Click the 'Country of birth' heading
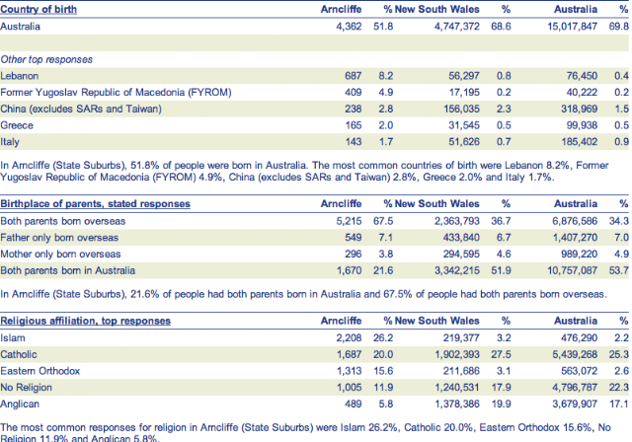pos(39,9)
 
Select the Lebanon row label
pos(20,76)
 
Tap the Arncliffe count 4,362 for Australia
pos(349,27)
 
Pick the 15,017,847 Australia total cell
pos(573,27)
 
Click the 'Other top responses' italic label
pos(46,59)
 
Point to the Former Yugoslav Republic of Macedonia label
pos(117,92)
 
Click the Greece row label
pos(17,125)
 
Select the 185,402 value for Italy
pos(579,142)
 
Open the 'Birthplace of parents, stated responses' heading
pos(95,203)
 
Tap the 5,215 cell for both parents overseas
pos(349,221)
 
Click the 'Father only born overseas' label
pos(59,238)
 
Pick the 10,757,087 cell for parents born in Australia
pos(573,270)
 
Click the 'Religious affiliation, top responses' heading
pos(86,321)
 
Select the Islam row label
pos(13,337)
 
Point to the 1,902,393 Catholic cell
pos(457,354)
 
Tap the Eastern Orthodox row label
pos(40,371)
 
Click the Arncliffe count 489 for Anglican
pos(354,404)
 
